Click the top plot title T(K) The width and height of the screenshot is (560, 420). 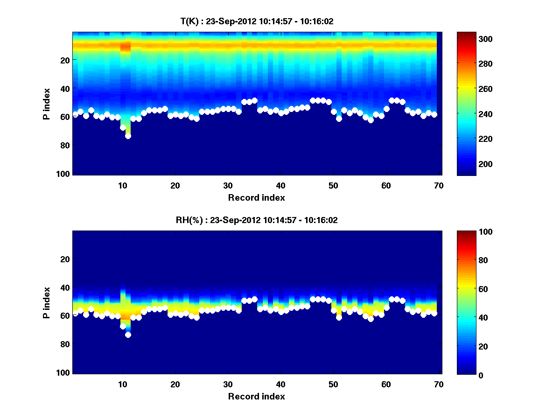pos(257,21)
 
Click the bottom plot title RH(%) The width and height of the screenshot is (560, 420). pos(254,220)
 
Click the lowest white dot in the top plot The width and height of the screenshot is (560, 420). pos(128,136)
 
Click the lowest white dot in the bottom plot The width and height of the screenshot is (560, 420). pos(128,335)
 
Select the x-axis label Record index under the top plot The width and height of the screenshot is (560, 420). pos(256,198)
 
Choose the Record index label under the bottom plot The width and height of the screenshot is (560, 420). pos(256,397)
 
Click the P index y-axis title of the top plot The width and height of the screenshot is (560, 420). pos(47,103)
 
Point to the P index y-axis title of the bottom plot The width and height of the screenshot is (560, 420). pos(47,302)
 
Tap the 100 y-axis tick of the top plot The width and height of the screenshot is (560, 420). pos(64,174)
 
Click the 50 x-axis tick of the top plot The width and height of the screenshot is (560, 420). pos(333,185)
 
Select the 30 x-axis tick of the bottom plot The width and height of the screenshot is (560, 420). pos(228,384)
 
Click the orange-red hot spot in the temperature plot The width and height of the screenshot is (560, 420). pos(125,46)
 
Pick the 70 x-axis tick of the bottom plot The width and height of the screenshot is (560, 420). pos(439,384)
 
